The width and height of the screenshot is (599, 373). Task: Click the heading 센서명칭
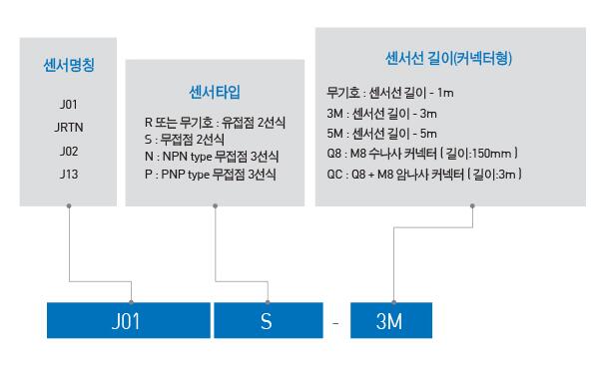point(69,65)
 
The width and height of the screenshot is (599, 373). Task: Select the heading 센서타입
point(215,92)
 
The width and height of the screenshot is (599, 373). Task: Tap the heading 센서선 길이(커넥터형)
point(448,59)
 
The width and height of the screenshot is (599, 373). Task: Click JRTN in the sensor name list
point(69,127)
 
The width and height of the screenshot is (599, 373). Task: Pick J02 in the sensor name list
point(69,152)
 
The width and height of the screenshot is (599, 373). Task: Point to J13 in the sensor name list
point(69,175)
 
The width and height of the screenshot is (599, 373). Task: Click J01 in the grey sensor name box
point(69,105)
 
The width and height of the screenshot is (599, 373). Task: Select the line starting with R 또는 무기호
point(215,123)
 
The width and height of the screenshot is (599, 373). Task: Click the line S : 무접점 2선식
point(185,140)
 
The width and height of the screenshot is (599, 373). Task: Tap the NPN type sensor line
point(212,157)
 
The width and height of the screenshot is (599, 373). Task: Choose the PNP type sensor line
point(211,175)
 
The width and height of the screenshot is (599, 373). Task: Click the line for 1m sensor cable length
point(390,93)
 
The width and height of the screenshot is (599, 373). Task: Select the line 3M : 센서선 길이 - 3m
point(381,114)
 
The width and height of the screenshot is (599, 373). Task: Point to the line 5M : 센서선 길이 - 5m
point(381,134)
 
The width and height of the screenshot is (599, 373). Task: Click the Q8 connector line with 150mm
point(422,154)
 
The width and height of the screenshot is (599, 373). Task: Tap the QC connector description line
point(424,175)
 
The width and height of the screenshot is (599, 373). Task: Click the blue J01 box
point(129,320)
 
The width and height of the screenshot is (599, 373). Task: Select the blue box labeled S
point(269,320)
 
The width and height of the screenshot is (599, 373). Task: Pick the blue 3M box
point(391,320)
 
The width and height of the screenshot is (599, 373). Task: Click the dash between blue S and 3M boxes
point(335,324)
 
